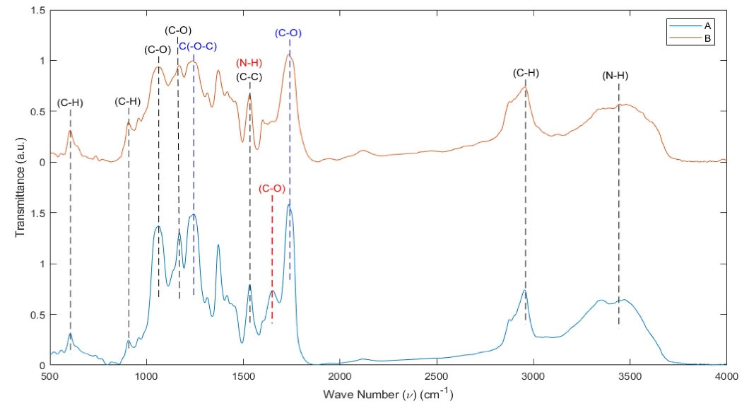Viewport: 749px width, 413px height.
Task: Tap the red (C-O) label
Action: click(x=272, y=188)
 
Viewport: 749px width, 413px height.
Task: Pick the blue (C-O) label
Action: click(x=289, y=33)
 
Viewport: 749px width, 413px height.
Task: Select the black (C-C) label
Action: click(x=250, y=76)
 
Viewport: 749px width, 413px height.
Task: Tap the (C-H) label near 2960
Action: click(x=526, y=73)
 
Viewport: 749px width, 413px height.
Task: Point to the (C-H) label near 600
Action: click(x=70, y=103)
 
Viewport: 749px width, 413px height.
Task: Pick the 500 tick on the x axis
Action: click(x=50, y=376)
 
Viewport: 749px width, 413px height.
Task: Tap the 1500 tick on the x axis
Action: click(x=243, y=376)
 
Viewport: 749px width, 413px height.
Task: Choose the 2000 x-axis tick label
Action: click(x=340, y=376)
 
